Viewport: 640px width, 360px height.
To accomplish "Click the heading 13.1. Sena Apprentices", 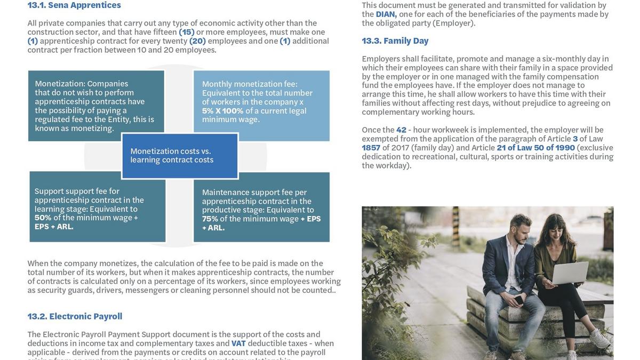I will click(74, 5).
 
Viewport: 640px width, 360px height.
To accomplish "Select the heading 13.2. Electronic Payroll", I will click(75, 316).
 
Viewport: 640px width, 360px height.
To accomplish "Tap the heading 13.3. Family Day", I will click(395, 41).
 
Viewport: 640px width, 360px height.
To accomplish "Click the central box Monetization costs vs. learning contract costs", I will click(180, 155).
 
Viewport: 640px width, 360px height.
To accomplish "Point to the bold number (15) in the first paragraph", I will click(186, 32).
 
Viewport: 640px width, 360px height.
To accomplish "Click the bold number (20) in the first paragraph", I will click(197, 41).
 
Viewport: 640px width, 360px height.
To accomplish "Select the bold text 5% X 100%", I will click(222, 111).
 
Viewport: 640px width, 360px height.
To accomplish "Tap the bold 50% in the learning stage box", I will click(43, 218).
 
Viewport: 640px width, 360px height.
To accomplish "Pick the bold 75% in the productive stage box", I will click(210, 219).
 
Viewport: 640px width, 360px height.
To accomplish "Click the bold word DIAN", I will click(386, 14).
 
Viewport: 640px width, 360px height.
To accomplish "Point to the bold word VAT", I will click(238, 343).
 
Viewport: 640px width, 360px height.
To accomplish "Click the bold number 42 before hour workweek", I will click(401, 130).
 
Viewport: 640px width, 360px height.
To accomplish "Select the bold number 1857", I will click(371, 148).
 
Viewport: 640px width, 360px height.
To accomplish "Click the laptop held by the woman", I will click(569, 273).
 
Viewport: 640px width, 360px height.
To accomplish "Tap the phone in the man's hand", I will click(518, 300).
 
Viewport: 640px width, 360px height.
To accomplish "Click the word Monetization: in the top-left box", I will click(60, 84).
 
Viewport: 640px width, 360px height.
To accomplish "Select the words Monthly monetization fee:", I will click(250, 84).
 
